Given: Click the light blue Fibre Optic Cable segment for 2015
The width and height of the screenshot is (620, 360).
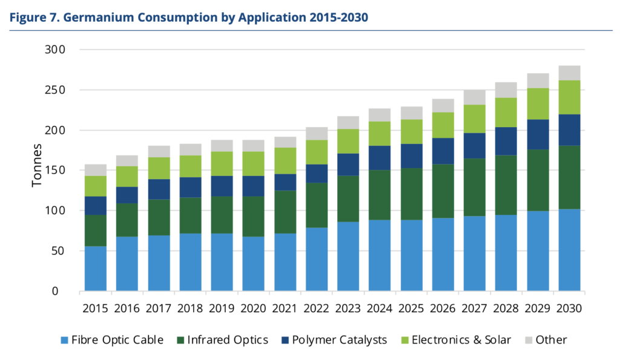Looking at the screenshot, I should [x=95, y=269].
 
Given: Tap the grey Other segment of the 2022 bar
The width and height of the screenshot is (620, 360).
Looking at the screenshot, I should [x=317, y=134].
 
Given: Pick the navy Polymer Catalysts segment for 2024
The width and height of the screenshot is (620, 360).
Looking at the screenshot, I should [x=380, y=158].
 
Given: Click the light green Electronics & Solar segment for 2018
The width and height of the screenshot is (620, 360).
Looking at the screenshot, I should [x=190, y=166].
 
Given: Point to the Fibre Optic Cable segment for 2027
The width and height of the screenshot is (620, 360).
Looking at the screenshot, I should [x=475, y=254].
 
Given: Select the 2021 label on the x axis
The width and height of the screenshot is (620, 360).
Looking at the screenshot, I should [x=285, y=309].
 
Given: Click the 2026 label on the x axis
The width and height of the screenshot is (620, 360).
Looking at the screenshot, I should [x=443, y=309].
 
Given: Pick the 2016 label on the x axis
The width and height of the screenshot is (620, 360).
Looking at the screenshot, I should [x=127, y=309].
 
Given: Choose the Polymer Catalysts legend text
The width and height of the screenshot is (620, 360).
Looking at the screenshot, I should [x=340, y=340].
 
